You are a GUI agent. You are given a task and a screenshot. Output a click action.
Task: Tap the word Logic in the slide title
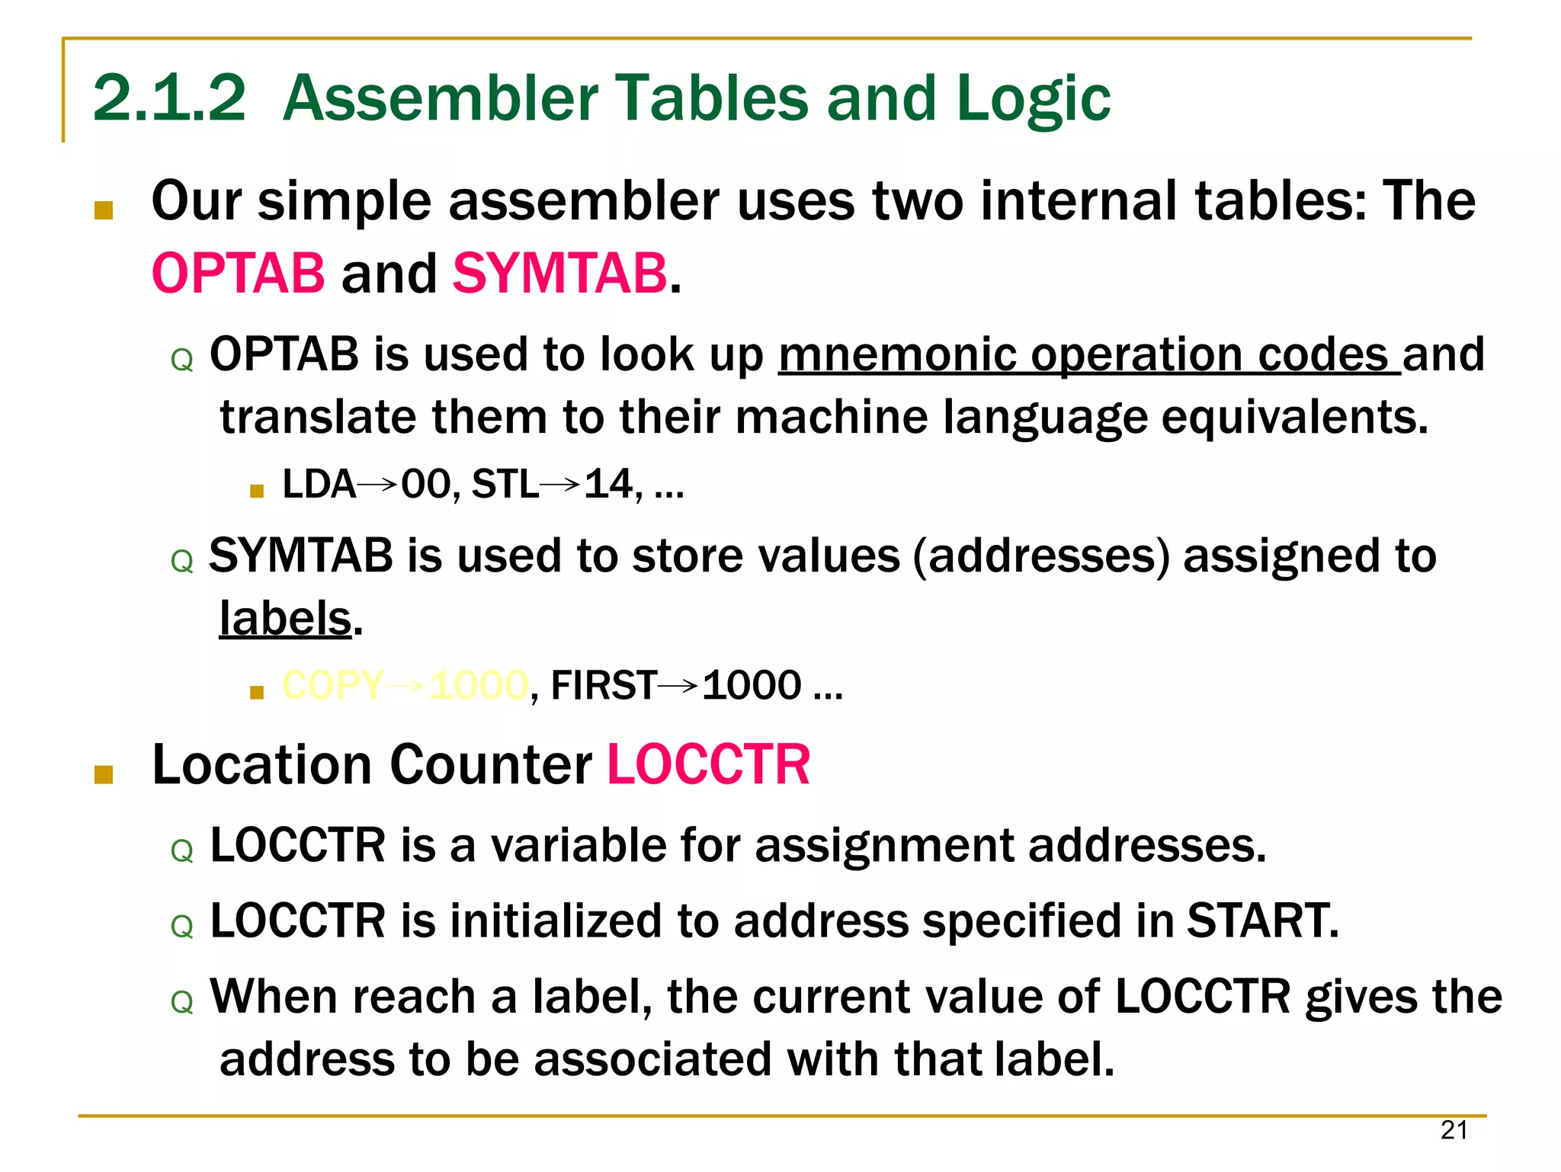click(1034, 99)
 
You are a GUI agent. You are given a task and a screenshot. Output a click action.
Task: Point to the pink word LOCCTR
click(708, 764)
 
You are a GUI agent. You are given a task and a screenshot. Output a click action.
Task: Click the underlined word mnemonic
click(896, 354)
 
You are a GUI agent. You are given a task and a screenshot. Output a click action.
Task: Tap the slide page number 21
click(1454, 1130)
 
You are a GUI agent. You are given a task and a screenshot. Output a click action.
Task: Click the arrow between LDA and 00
click(377, 485)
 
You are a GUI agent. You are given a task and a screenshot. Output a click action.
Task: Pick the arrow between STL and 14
click(560, 485)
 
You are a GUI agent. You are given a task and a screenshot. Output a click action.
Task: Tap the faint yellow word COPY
click(332, 685)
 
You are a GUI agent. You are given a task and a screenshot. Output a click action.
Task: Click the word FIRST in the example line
click(603, 685)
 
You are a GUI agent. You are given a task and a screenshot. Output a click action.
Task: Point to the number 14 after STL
click(608, 485)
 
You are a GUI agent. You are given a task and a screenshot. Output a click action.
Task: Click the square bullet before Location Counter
click(104, 775)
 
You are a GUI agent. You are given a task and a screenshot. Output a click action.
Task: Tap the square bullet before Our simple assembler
click(104, 210)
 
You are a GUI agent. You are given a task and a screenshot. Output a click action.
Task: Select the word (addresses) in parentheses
click(1040, 556)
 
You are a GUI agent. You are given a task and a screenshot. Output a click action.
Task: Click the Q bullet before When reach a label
click(182, 1002)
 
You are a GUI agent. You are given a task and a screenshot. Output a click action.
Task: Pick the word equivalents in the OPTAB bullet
click(1293, 418)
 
